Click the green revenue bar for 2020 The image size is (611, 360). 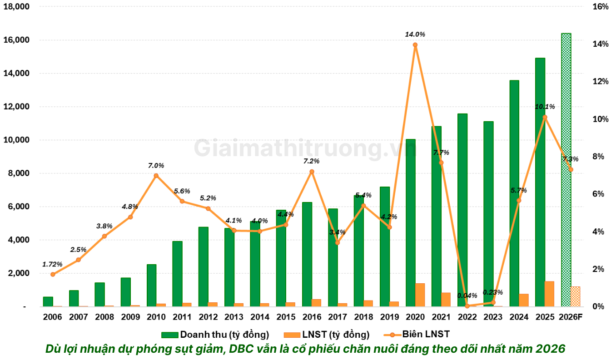pyautogui.click(x=410, y=222)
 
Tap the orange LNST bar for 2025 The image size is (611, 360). pyautogui.click(x=549, y=294)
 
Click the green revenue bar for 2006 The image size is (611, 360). pyautogui.click(x=48, y=301)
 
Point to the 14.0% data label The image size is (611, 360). pyautogui.click(x=415, y=34)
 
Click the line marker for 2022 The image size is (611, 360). pyautogui.click(x=467, y=306)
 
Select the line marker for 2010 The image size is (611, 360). pyautogui.click(x=156, y=176)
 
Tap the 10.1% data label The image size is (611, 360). pyautogui.click(x=545, y=107)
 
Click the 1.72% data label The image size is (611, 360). pyautogui.click(x=52, y=264)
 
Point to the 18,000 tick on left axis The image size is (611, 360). pyautogui.click(x=16, y=7)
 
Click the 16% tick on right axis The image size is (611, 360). pyautogui.click(x=600, y=7)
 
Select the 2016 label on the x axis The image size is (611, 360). pyautogui.click(x=312, y=317)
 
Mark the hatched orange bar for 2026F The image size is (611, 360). pyautogui.click(x=575, y=296)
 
